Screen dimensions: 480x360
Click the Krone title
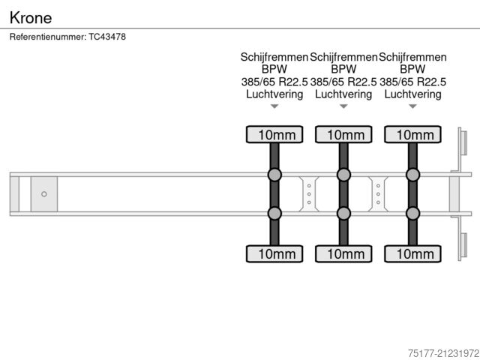(x=31, y=18)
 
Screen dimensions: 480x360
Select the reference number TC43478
(x=107, y=37)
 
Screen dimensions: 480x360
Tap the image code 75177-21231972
(x=443, y=353)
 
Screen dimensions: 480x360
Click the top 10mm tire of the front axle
(x=274, y=135)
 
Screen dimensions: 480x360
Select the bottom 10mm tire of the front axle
(x=274, y=253)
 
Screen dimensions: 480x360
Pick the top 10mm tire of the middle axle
(x=343, y=135)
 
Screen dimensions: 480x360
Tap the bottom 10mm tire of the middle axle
(x=343, y=253)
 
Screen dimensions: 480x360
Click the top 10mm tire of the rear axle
(x=413, y=135)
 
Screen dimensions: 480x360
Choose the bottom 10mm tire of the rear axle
(x=413, y=253)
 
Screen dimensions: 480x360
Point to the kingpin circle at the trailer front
(x=44, y=194)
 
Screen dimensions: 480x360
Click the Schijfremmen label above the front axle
(x=274, y=57)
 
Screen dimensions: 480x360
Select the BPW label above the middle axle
(x=343, y=69)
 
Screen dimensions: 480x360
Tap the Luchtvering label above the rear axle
(x=413, y=94)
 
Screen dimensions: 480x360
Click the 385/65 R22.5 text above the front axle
(x=274, y=82)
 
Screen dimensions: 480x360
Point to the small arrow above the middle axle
(x=343, y=106)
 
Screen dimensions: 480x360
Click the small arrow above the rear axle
(x=413, y=106)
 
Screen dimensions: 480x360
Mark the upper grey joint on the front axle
(x=274, y=175)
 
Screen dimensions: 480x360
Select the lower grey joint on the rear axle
(x=413, y=213)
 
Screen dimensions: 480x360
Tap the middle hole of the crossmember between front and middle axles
(x=309, y=194)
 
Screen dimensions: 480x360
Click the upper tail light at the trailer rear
(x=463, y=142)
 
